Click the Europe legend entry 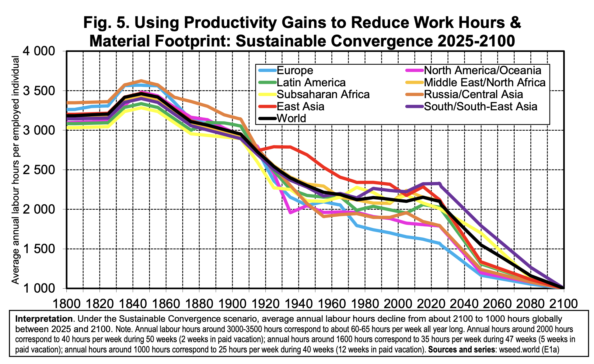coord(295,70)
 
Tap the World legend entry coord(292,118)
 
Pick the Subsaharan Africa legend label coord(323,94)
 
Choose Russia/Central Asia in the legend coord(473,94)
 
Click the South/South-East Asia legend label coord(480,106)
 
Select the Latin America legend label coord(311,82)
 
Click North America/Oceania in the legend coord(482,70)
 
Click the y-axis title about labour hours coord(16,170)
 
